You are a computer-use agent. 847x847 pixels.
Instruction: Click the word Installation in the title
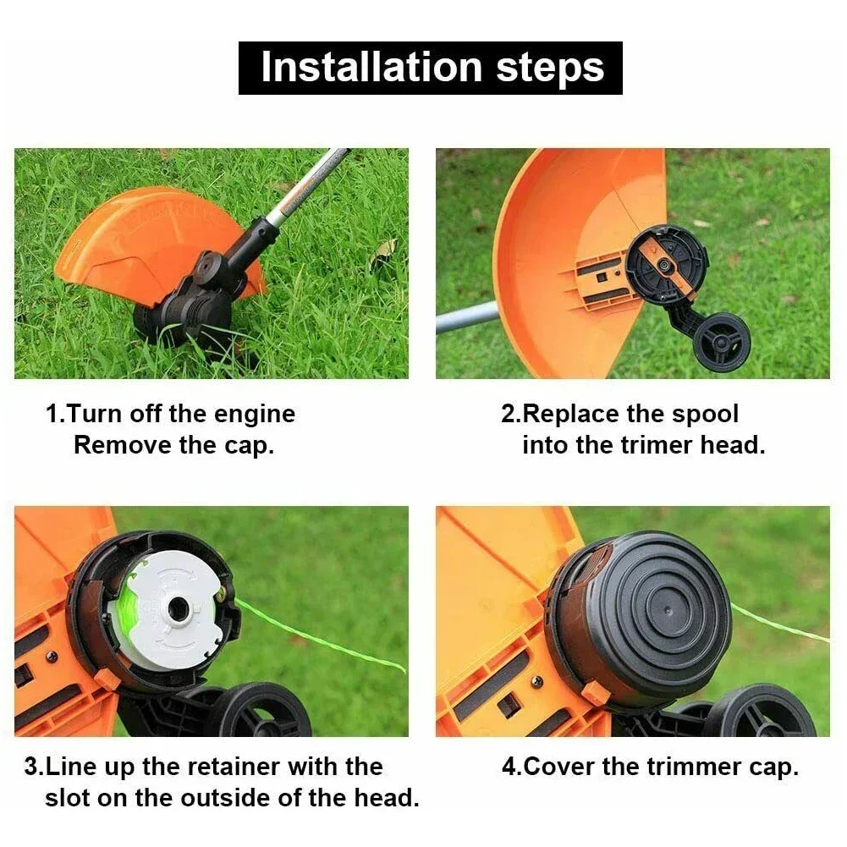(x=371, y=68)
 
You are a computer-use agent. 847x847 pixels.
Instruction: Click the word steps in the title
(x=550, y=68)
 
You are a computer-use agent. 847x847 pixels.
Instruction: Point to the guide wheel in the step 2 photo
(x=721, y=342)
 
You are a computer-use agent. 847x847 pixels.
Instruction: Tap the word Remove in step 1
(x=123, y=445)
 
